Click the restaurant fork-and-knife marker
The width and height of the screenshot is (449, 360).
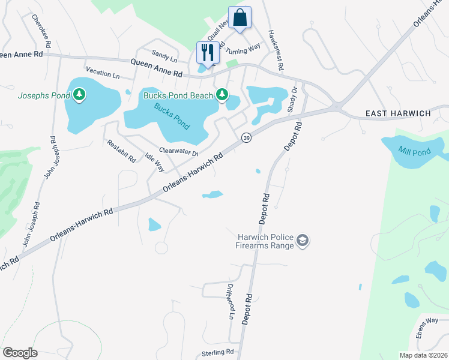[206, 52]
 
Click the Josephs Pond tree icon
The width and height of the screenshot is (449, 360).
[79, 95]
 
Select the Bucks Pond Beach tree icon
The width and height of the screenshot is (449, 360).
[222, 94]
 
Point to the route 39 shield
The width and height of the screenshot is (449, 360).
[246, 138]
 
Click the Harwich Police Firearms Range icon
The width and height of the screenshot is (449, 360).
[303, 241]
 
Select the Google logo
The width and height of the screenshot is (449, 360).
[20, 352]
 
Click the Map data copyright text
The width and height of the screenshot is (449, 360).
[423, 355]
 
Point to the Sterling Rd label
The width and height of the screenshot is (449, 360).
[217, 352]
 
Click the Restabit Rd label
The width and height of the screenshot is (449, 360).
[121, 151]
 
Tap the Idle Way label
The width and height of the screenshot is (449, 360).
[154, 161]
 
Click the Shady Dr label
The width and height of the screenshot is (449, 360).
[293, 100]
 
